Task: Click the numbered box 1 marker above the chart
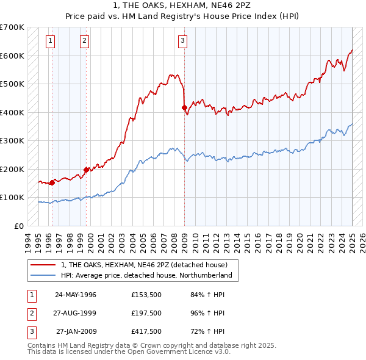tap(50, 41)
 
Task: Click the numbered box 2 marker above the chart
tap(84, 41)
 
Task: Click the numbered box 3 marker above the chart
tap(182, 41)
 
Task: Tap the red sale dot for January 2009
tap(184, 108)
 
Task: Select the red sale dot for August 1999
tap(86, 170)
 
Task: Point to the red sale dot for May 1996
tap(52, 182)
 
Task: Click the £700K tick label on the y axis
tap(12, 27)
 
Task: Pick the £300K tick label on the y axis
tap(12, 141)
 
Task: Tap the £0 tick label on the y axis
tap(18, 226)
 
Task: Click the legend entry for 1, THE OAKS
tap(144, 265)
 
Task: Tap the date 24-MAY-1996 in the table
tap(76, 294)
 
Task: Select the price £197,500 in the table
tap(146, 314)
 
